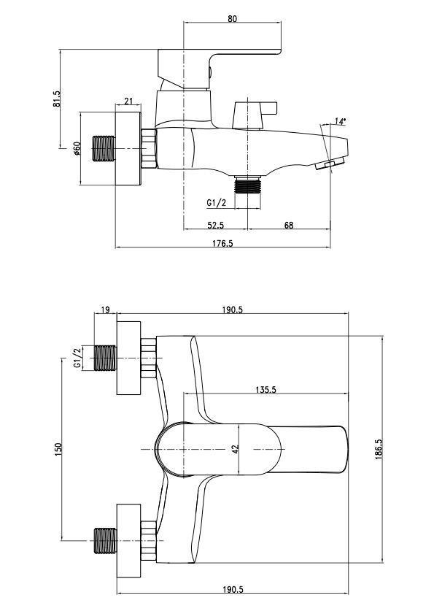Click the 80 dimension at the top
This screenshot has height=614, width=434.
(232, 18)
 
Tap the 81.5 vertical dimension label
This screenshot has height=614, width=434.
(57, 99)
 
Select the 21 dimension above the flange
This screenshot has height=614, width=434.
(128, 101)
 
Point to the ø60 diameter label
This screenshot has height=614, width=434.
(77, 148)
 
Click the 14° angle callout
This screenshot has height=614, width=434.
(340, 121)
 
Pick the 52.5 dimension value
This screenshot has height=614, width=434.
(216, 225)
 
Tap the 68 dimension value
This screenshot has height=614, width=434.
(289, 225)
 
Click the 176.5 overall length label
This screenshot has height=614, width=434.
(222, 243)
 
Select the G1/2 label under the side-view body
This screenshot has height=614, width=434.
(217, 202)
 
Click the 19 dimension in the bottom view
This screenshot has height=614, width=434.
(105, 310)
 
